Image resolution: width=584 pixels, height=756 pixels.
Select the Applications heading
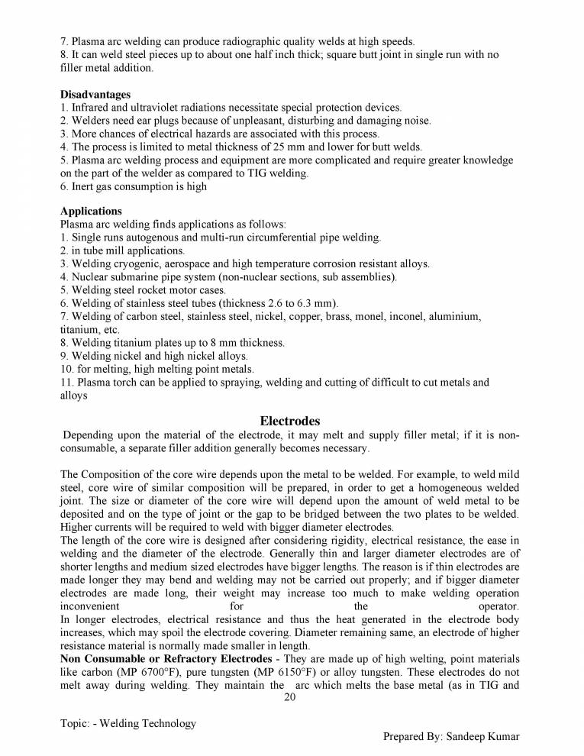coord(90,211)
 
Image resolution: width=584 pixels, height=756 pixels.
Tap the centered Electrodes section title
coord(289,421)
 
